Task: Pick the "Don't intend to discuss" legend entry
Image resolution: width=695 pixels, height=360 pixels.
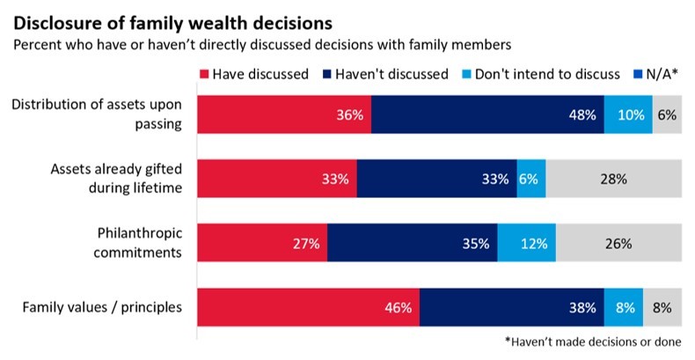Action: click(x=538, y=74)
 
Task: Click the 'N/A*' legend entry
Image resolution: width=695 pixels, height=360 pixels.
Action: click(x=655, y=74)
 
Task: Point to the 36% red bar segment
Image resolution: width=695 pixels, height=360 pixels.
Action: click(x=283, y=114)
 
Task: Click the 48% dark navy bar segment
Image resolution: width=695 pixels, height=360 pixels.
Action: click(x=487, y=114)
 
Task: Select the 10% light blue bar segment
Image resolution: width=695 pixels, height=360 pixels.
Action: click(x=628, y=114)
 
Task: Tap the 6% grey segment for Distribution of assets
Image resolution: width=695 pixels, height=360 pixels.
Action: click(x=667, y=114)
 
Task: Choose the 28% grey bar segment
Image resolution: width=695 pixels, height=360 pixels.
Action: click(x=614, y=179)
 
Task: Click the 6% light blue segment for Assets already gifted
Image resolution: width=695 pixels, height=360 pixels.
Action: click(x=531, y=179)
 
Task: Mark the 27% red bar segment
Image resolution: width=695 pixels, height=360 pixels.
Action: click(x=262, y=243)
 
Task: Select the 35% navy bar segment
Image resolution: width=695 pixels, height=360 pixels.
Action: click(x=413, y=243)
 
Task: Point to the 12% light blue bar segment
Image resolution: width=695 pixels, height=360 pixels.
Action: click(x=527, y=243)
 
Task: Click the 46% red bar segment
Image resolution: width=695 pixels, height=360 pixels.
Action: click(x=308, y=307)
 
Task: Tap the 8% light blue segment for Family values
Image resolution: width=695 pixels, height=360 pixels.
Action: click(x=624, y=307)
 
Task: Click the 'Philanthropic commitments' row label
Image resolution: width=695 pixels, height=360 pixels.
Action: click(x=135, y=242)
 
